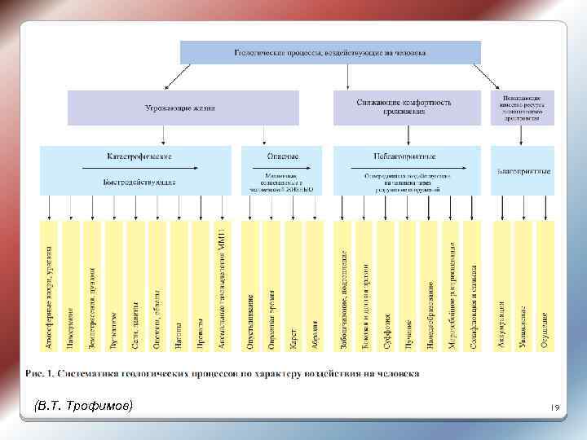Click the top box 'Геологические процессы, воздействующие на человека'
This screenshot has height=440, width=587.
[x=329, y=52]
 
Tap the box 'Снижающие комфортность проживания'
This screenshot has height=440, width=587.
[x=404, y=107]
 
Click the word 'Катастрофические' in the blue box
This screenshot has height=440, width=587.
[x=139, y=156]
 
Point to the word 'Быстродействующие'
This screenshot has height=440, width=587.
[x=139, y=182]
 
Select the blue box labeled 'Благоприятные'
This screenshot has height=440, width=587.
[x=523, y=171]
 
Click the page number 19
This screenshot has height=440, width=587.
[x=553, y=407]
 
